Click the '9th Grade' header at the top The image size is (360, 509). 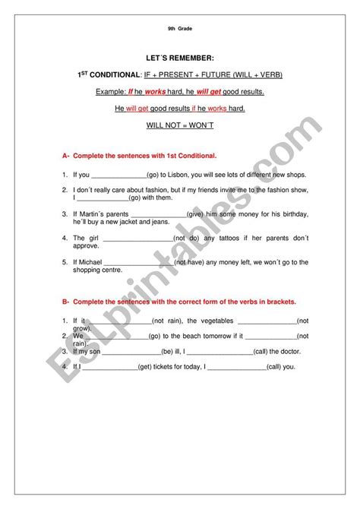pos(179,28)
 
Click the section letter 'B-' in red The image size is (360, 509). pos(66,301)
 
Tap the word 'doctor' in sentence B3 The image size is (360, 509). pos(289,351)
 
